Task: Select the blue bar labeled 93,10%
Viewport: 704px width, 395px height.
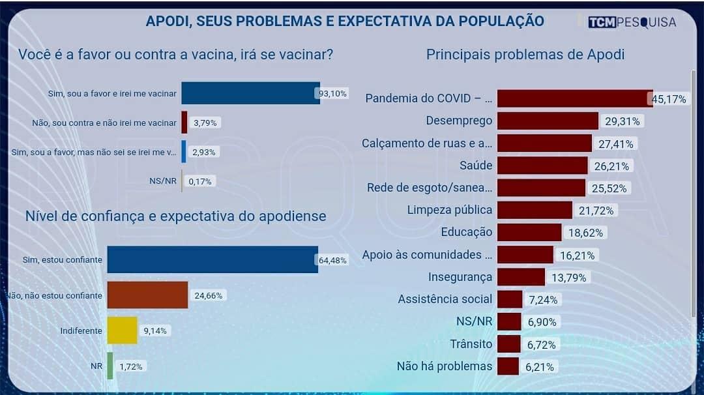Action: (250, 93)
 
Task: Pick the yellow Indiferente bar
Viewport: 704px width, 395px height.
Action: (122, 330)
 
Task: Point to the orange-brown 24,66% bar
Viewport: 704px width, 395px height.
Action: (147, 295)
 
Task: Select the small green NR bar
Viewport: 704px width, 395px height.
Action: (110, 366)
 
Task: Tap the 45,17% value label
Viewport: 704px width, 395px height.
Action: (669, 99)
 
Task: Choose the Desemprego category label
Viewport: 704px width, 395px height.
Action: (459, 121)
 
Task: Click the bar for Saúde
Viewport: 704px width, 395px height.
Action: (542, 166)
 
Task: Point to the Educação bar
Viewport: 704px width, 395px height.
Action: (529, 232)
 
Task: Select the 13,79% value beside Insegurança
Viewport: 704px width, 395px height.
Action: (568, 278)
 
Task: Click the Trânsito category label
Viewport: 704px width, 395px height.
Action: (471, 344)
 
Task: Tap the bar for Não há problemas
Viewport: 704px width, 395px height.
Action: (508, 366)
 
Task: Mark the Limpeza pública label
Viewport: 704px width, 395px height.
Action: (450, 210)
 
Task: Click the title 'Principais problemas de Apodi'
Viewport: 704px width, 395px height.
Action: (525, 54)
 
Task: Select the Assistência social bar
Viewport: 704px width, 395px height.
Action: (510, 299)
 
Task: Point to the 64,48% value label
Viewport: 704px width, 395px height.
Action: (332, 260)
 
